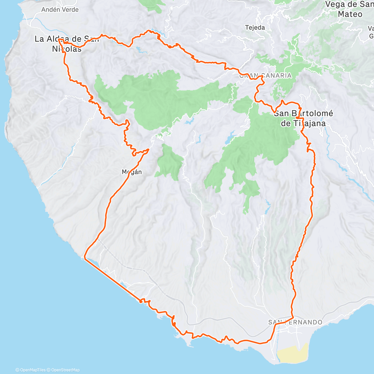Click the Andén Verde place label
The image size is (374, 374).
60,10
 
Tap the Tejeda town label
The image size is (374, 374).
255,27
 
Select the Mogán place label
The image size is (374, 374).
132,172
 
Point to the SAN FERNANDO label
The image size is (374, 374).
295,322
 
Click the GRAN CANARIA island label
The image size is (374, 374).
265,75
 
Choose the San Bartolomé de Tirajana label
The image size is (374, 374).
303,118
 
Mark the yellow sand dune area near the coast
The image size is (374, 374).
293,354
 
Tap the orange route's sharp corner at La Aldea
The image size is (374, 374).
59,40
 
